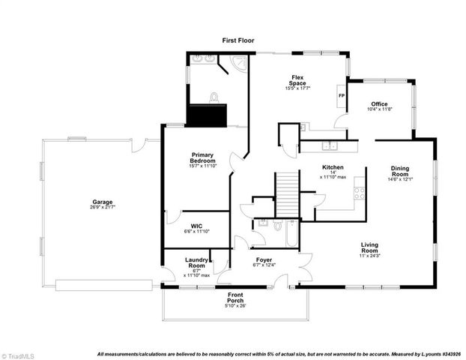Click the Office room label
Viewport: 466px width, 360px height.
tap(379, 104)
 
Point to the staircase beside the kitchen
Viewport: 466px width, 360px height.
tap(288, 193)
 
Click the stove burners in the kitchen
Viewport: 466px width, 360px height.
tap(359, 193)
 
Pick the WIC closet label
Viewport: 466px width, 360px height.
tap(196, 225)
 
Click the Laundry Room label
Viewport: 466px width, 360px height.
tap(196, 262)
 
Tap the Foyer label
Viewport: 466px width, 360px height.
tap(263, 259)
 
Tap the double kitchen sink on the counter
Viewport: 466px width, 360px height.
tap(330, 145)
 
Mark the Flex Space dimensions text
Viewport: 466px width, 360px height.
tap(297, 88)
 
